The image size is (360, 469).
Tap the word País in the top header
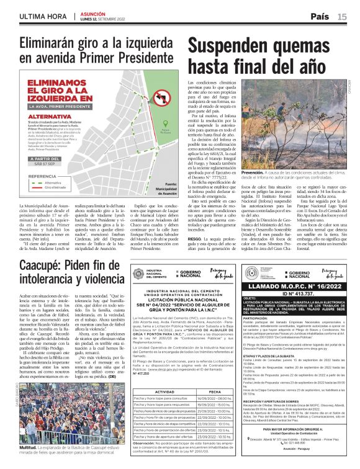point(320,16)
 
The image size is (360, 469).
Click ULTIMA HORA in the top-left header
point(35,17)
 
